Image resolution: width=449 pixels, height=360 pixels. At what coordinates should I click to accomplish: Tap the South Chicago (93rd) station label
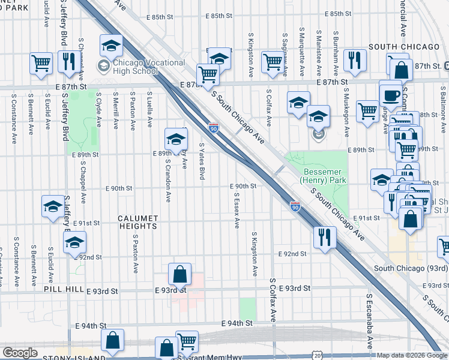(411, 268)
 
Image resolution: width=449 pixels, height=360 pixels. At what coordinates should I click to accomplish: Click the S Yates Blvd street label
(202, 161)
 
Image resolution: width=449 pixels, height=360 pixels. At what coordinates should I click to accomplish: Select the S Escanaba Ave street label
(368, 320)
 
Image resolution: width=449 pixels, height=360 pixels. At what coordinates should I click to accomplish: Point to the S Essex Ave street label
(237, 210)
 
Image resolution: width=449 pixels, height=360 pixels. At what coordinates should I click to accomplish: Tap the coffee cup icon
(390, 96)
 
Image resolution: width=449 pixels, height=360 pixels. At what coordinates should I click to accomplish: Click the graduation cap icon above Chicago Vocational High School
(111, 46)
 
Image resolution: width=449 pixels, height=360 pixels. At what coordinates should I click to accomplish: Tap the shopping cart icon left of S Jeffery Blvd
(41, 62)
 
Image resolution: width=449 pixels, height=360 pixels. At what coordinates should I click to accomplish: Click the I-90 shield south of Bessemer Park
(295, 206)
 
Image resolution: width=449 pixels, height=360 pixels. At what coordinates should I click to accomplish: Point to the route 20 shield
(316, 355)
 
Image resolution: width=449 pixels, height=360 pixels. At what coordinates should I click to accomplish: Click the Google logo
(20, 353)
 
